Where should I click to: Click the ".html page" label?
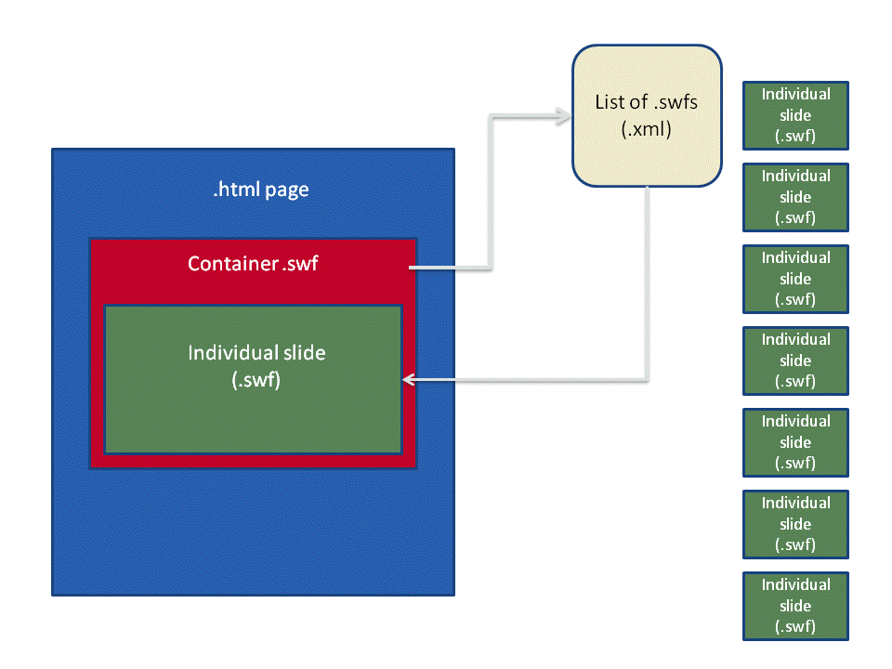pos(260,190)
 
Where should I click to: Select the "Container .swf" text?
pos(253,264)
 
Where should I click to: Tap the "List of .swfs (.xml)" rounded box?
pos(647,114)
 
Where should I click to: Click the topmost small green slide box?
pos(795,116)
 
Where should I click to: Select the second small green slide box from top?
pos(795,197)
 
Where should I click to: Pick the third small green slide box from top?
pos(795,279)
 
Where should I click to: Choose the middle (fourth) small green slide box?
pos(795,361)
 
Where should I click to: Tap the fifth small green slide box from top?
pos(795,442)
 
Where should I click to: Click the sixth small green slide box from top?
pos(795,524)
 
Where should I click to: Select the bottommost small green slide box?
pos(795,606)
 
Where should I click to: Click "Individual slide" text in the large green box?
pos(257,353)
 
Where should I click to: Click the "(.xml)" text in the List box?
pos(646,130)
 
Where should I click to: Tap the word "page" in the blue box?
pos(286,190)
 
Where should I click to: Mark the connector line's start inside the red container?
pos(412,269)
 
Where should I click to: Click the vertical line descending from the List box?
pos(647,279)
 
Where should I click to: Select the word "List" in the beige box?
pos(610,101)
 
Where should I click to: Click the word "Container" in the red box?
pos(231,264)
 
